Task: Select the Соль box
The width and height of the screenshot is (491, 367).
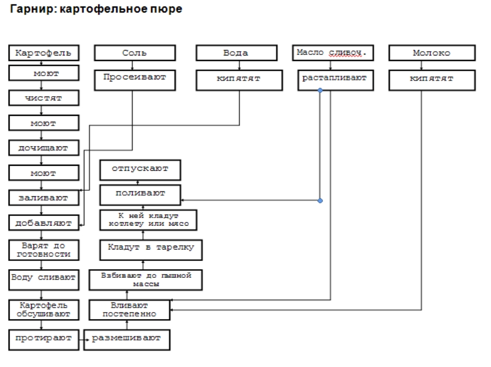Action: [x=135, y=53]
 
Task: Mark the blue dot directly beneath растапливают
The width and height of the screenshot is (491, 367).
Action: [x=320, y=90]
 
